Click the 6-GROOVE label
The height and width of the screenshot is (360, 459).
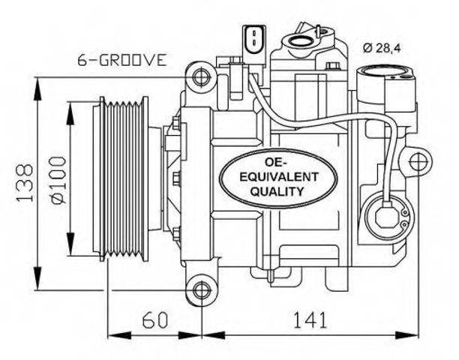pos(122,60)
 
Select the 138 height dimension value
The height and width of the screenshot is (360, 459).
pos(25,183)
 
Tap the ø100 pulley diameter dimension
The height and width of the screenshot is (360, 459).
pos(58,180)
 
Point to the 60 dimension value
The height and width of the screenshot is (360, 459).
pos(154,319)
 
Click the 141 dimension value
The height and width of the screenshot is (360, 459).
pos(310,319)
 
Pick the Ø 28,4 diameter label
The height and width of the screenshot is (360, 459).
pos(382,48)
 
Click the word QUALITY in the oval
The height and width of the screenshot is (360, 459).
pos(277,191)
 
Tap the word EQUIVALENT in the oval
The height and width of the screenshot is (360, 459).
pos(279,176)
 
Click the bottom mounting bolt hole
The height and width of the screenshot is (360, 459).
pos(202,290)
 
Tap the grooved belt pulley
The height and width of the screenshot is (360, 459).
pos(124,178)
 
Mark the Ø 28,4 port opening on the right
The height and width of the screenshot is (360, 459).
pos(385,73)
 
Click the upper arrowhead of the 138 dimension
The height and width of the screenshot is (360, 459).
pos(37,89)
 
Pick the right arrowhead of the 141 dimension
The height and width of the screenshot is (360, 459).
pos(407,335)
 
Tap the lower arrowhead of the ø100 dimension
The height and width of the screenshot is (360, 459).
pos(70,243)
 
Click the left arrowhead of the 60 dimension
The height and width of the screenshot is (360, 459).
pos(119,335)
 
